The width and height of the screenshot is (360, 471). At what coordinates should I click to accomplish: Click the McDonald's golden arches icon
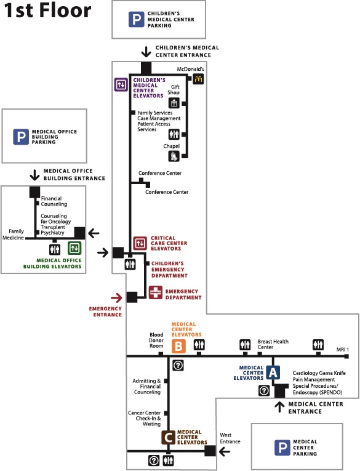click(198, 79)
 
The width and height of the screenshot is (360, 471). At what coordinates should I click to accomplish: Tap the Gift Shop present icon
click(174, 103)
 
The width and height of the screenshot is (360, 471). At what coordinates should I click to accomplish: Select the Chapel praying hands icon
click(174, 156)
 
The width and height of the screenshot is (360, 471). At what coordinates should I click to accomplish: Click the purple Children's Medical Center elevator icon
click(121, 84)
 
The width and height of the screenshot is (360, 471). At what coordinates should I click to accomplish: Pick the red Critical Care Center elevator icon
click(140, 243)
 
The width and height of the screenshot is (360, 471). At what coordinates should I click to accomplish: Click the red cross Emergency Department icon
click(156, 292)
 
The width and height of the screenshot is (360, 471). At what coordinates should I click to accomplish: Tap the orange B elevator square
click(178, 346)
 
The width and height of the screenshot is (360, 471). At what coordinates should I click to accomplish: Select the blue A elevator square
click(273, 372)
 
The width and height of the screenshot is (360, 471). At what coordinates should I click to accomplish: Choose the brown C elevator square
click(169, 437)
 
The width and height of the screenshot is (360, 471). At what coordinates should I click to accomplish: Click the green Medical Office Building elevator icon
click(74, 248)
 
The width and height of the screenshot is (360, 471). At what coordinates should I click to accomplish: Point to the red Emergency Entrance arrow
click(116, 298)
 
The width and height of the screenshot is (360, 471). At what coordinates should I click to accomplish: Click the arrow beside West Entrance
click(225, 451)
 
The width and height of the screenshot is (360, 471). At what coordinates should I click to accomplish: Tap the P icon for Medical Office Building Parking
click(21, 137)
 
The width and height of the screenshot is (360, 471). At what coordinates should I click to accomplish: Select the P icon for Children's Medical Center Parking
click(137, 19)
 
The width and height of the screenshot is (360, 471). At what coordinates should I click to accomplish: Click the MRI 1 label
click(343, 350)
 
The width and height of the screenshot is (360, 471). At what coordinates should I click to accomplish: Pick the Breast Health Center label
click(273, 344)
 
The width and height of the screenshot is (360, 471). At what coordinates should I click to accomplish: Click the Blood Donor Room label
click(156, 340)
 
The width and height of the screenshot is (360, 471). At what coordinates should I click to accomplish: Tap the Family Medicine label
click(13, 235)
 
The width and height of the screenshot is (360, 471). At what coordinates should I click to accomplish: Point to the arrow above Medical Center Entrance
click(279, 407)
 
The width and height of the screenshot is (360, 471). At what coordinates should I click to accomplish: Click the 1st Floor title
click(47, 10)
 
